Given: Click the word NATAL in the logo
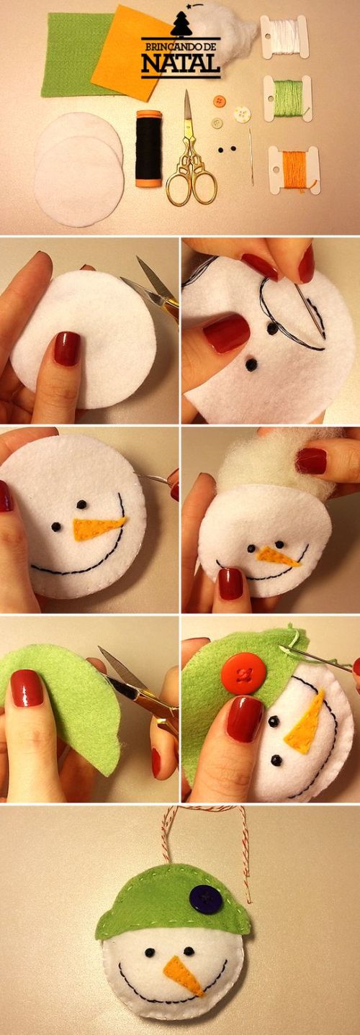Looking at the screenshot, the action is pyautogui.click(x=180, y=63).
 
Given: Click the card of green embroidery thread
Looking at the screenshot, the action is pyautogui.click(x=287, y=99).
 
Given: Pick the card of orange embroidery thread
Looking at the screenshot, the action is pyautogui.click(x=294, y=168).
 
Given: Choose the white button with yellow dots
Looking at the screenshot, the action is pyautogui.click(x=242, y=114).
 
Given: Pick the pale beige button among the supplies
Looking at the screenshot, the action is pyautogui.click(x=217, y=123).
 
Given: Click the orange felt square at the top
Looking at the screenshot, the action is pyautogui.click(x=131, y=52).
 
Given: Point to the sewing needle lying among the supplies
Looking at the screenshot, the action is pyautogui.click(x=251, y=157).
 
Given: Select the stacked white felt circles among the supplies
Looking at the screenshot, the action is pyautogui.click(x=79, y=170).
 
